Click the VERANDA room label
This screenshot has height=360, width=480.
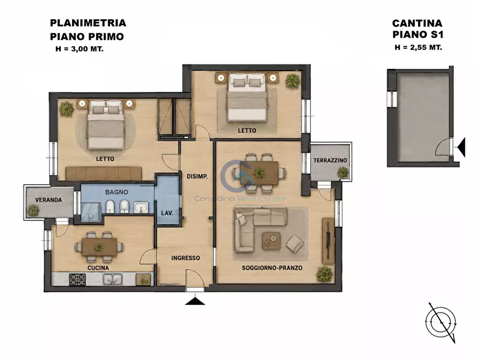(48, 200)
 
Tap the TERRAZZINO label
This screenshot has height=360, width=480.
(330, 161)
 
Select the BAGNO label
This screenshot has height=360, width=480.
(117, 192)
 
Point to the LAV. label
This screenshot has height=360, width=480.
(167, 213)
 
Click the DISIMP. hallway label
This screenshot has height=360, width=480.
(197, 176)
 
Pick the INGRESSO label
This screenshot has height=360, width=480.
(185, 258)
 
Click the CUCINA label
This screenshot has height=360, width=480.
(98, 268)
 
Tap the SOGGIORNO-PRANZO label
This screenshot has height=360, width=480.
(272, 268)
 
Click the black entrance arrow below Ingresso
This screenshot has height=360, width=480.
(195, 301)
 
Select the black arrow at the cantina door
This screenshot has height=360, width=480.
(461, 147)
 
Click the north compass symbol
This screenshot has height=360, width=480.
(441, 322)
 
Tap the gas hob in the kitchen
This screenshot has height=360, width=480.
(77, 279)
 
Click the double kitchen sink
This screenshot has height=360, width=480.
(113, 279)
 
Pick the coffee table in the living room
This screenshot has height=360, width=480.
(271, 241)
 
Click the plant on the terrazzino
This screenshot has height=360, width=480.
(343, 172)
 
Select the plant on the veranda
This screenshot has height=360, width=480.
(33, 210)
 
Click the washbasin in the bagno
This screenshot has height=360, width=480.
(141, 207)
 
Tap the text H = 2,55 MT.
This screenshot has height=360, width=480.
(418, 47)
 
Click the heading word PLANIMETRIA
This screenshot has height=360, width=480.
(88, 23)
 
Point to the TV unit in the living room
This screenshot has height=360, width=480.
(328, 240)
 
